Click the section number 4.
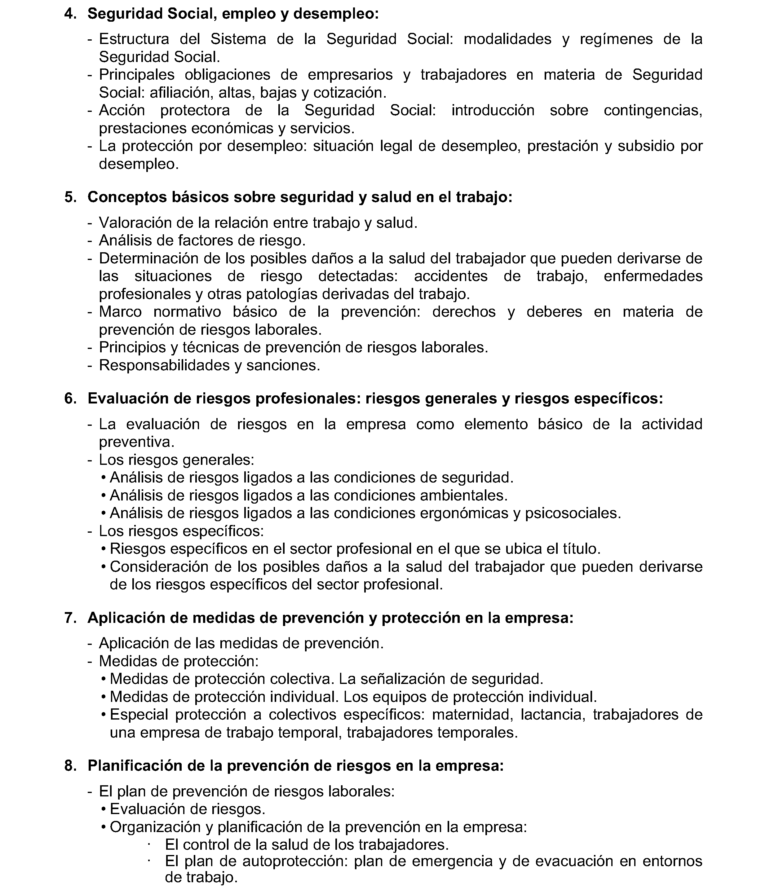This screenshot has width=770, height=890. tap(70, 14)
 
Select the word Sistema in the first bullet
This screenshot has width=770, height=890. tap(238, 39)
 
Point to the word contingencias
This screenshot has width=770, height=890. tap(653, 110)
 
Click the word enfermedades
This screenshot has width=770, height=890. tap(653, 276)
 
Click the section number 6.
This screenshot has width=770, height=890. tap(70, 399)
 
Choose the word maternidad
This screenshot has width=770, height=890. tap(473, 715)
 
